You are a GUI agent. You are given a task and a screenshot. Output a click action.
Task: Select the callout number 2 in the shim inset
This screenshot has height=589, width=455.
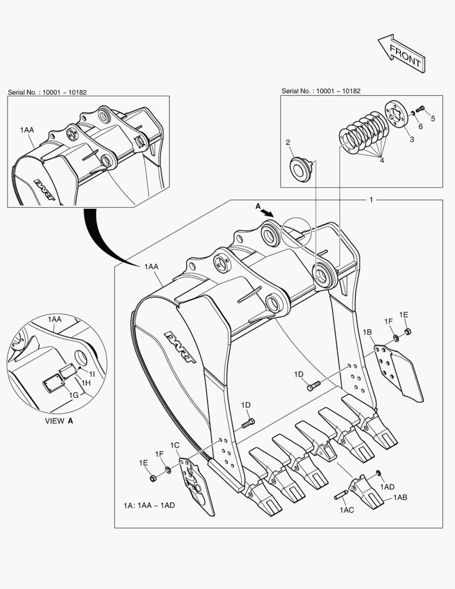point(288,142)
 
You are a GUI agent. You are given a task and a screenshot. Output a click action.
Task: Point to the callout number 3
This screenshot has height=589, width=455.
point(411,140)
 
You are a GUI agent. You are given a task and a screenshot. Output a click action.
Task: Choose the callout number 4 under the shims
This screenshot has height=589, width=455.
point(382,161)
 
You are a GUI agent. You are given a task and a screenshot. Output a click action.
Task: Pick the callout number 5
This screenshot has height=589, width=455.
point(433,118)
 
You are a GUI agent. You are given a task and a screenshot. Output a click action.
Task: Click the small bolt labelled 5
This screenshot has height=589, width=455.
point(420,110)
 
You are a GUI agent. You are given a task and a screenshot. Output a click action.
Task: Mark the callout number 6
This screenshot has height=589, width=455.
point(420,127)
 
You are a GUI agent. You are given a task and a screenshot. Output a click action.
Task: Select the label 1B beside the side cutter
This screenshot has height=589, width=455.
point(368,332)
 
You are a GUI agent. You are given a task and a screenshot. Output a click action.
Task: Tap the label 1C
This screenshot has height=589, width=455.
point(174,446)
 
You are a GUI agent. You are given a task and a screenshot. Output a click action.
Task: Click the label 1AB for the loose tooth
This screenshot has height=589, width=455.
point(400,497)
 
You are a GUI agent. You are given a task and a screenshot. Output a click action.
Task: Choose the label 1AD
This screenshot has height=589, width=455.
point(387,486)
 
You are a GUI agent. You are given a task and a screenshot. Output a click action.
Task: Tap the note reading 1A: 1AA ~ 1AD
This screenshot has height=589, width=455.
point(149,506)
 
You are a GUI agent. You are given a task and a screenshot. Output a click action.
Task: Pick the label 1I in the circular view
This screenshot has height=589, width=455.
point(92,374)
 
